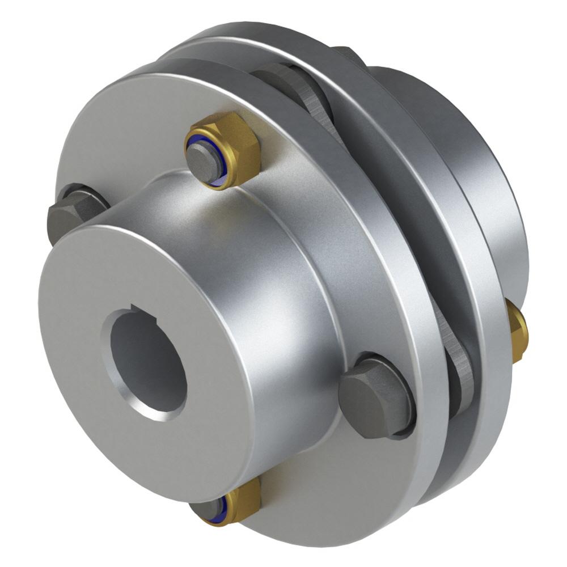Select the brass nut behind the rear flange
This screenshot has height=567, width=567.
pos(517,332)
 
